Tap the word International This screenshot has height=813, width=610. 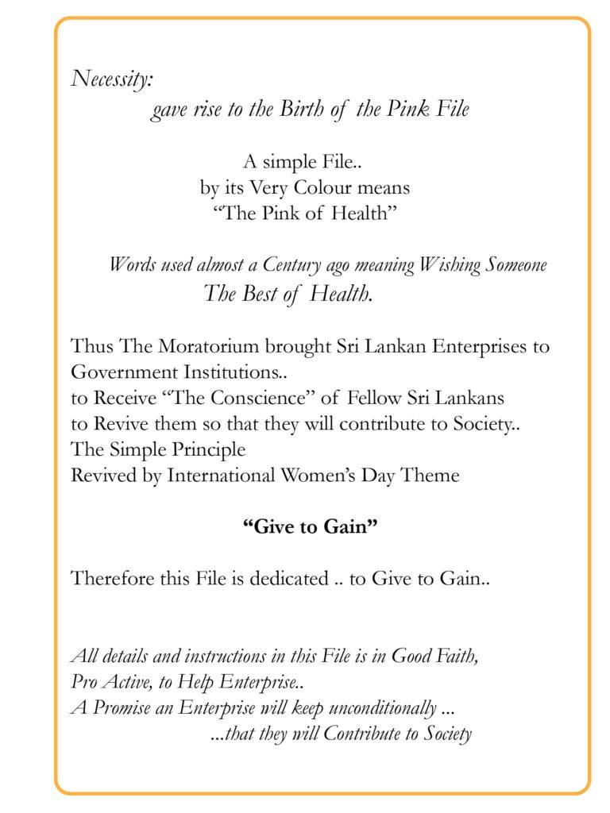pyautogui.click(x=220, y=476)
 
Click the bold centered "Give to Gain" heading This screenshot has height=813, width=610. pyautogui.click(x=309, y=527)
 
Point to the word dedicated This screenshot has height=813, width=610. pyautogui.click(x=288, y=579)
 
